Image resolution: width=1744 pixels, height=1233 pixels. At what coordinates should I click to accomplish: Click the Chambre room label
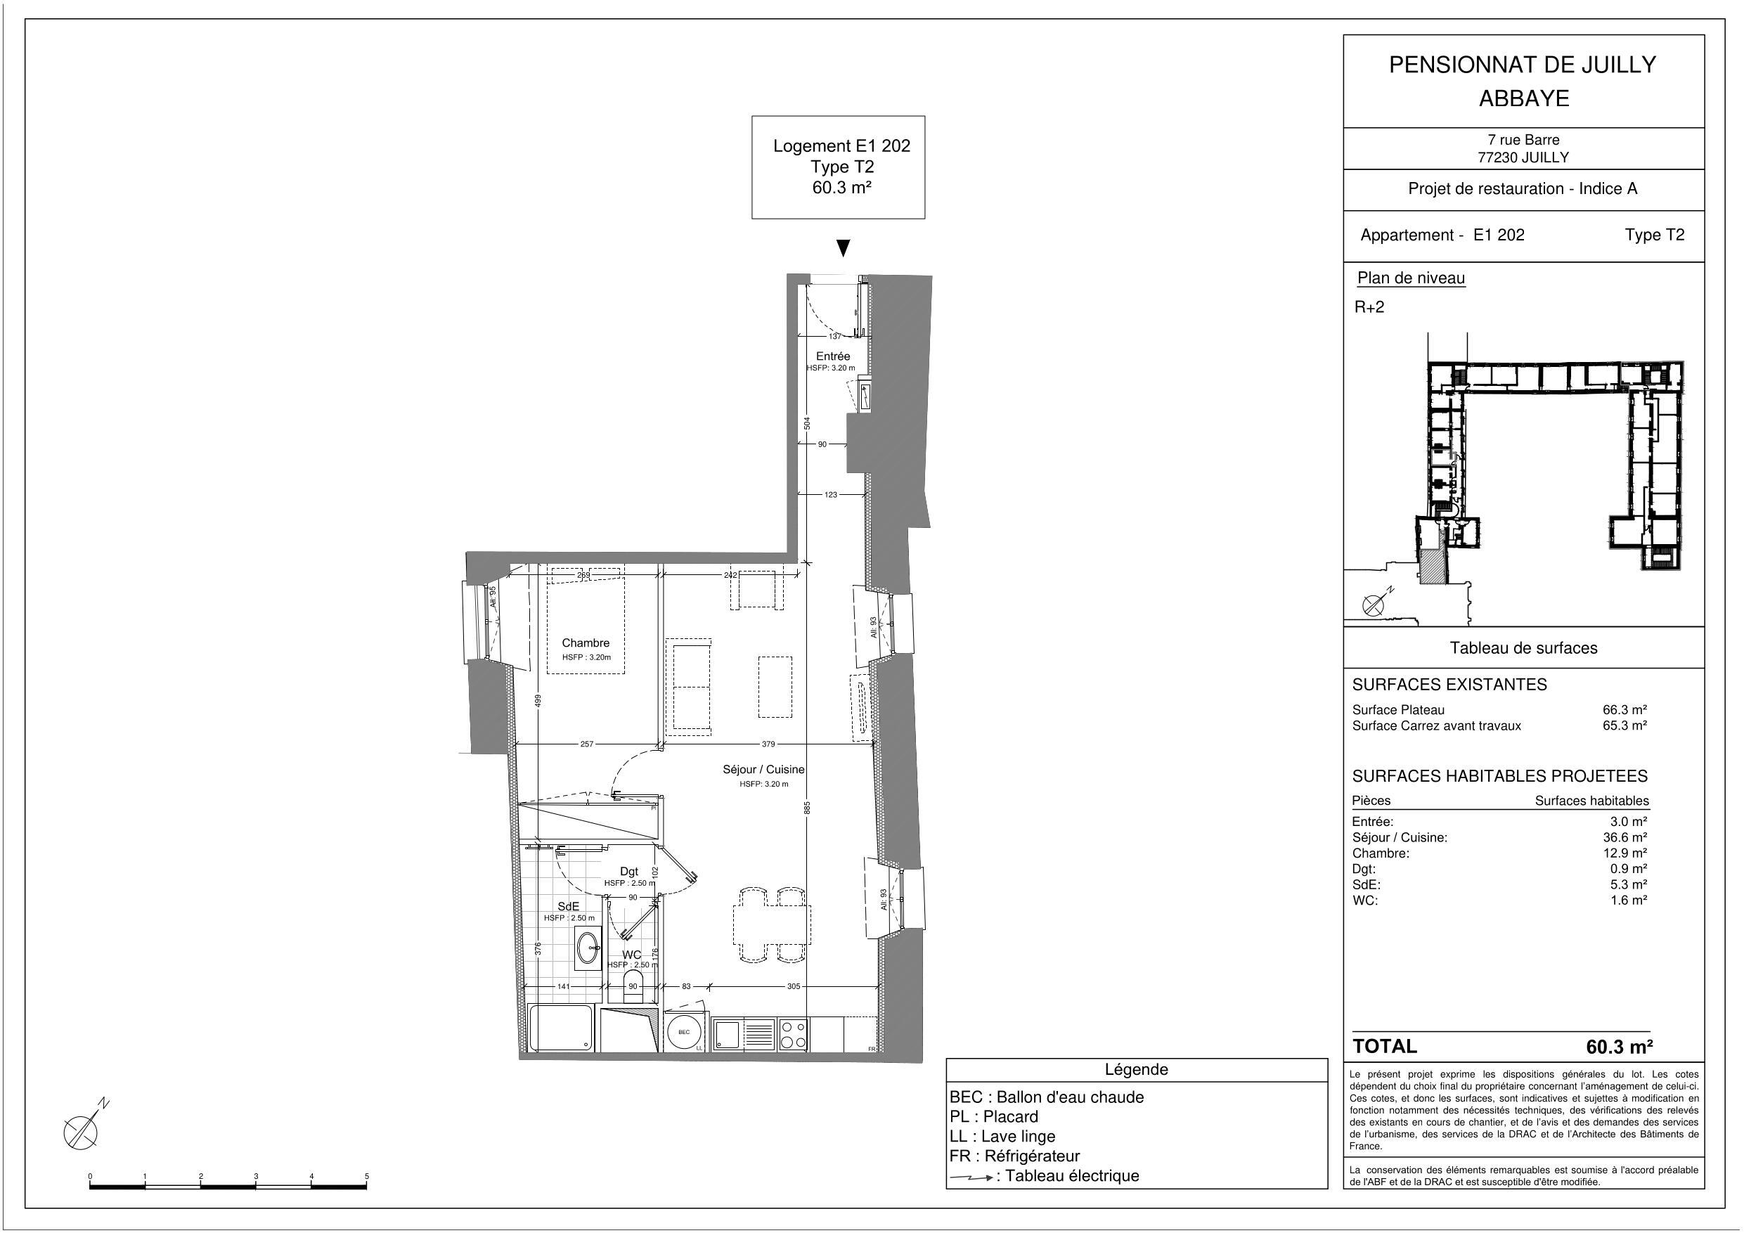pyautogui.click(x=585, y=643)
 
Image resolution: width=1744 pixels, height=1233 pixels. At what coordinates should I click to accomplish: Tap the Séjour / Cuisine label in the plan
pyautogui.click(x=763, y=770)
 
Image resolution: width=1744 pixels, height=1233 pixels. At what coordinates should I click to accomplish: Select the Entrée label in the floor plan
pyautogui.click(x=832, y=356)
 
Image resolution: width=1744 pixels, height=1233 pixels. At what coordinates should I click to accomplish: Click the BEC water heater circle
pyautogui.click(x=684, y=1032)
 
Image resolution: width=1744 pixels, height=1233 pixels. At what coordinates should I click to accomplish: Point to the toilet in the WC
pyautogui.click(x=633, y=986)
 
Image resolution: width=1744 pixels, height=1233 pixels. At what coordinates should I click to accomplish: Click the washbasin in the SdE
pyautogui.click(x=588, y=948)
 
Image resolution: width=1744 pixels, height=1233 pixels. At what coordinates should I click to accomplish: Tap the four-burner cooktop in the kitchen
pyautogui.click(x=793, y=1035)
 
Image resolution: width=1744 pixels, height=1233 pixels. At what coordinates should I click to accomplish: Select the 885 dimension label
pyautogui.click(x=808, y=808)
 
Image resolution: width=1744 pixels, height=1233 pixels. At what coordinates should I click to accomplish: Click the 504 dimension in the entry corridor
pyautogui.click(x=808, y=423)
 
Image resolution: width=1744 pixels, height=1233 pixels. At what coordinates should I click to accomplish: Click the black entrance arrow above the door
pyautogui.click(x=842, y=247)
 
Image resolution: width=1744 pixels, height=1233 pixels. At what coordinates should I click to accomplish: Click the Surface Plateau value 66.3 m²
pyautogui.click(x=1624, y=709)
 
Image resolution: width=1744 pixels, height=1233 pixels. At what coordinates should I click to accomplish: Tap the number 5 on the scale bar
pyautogui.click(x=367, y=1176)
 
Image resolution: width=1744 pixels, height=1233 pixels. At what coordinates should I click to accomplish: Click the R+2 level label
pyautogui.click(x=1369, y=307)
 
